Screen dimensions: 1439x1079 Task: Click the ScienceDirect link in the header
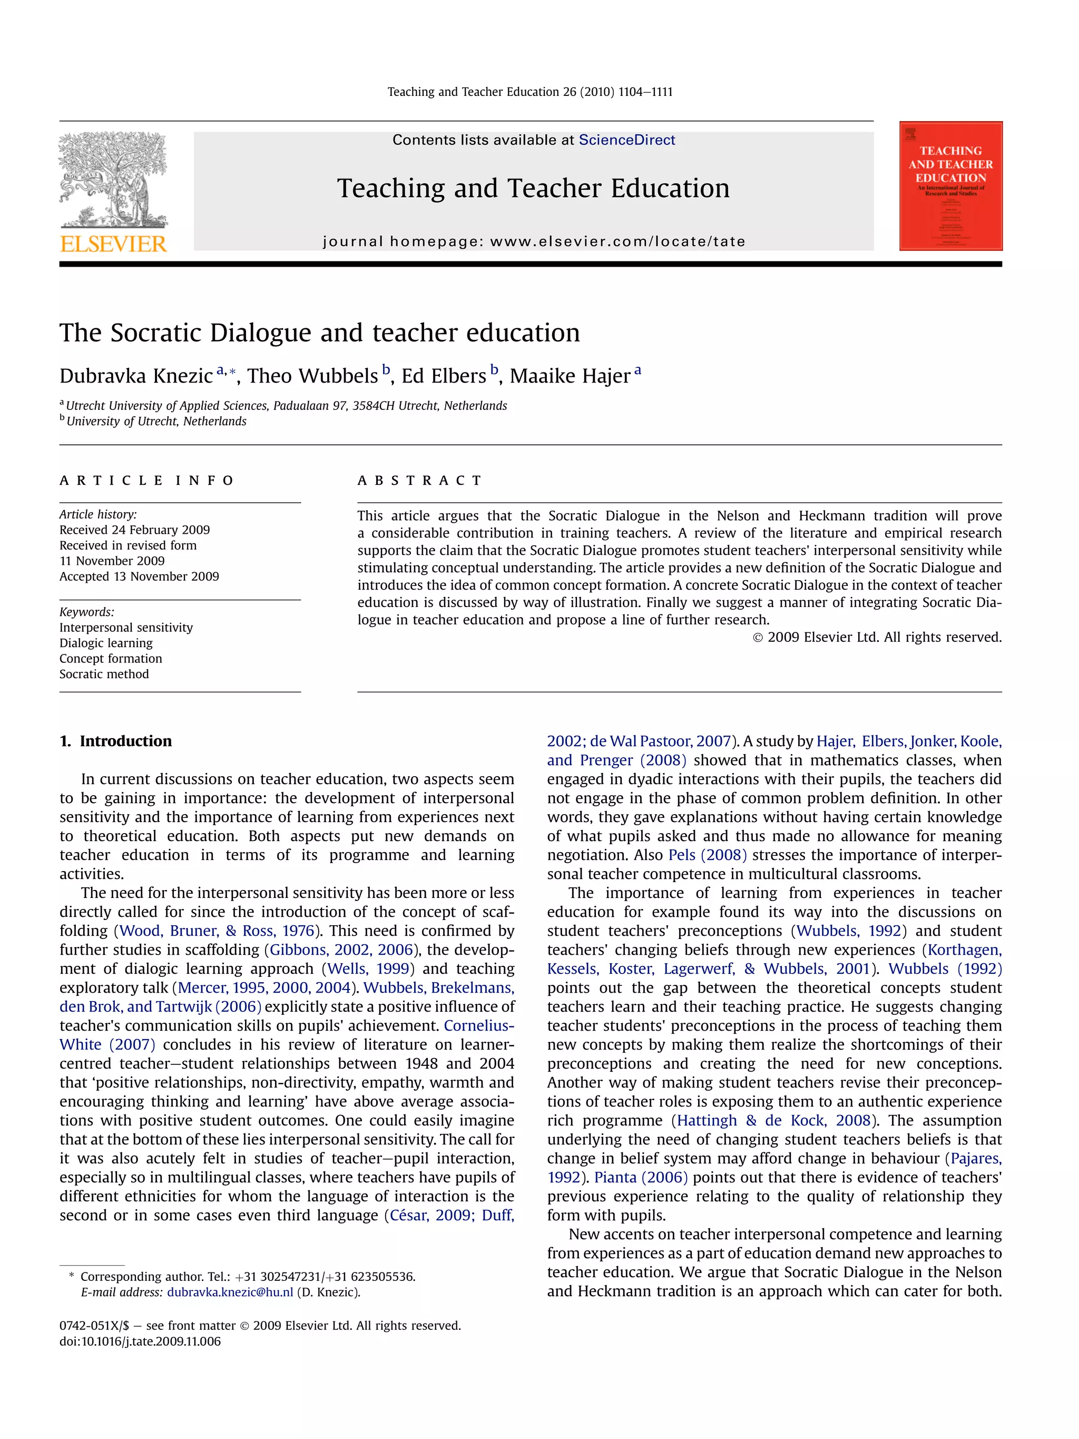[x=626, y=140]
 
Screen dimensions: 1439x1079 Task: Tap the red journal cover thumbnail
[x=950, y=185]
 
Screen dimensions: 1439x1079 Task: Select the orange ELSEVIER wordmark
[x=114, y=244]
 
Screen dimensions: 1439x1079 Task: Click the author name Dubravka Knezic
[x=136, y=376]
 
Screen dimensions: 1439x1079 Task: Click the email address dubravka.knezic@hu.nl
[x=230, y=1292]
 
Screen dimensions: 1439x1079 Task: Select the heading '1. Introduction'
[x=116, y=741]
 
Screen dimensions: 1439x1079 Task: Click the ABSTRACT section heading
[x=419, y=481]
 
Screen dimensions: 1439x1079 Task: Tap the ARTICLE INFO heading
[x=146, y=481]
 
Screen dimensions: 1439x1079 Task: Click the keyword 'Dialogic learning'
[x=106, y=643]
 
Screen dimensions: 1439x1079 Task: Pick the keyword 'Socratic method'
[x=104, y=674]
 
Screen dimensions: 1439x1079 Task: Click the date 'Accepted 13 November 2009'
[x=139, y=576]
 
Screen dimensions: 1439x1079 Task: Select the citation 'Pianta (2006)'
[x=641, y=1178]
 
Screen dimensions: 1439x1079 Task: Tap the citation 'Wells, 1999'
[x=368, y=968]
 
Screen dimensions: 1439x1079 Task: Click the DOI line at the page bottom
[x=140, y=1342]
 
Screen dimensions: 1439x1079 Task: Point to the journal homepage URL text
[x=533, y=241]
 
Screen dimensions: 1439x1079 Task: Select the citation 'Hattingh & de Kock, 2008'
[x=774, y=1120]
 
